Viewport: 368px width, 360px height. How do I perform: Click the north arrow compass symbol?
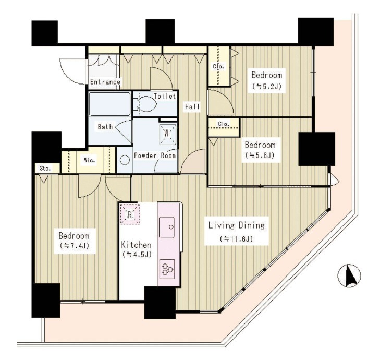tap(349, 275)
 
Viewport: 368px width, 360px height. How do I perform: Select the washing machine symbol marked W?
tap(168, 135)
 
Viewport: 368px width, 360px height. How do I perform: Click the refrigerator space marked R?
tap(130, 214)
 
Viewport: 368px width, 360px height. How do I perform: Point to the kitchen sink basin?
tap(167, 227)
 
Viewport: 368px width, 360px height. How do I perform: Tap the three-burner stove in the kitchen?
tap(167, 269)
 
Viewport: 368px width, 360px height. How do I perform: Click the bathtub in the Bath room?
tap(109, 104)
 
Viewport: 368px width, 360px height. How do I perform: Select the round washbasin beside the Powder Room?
tap(125, 160)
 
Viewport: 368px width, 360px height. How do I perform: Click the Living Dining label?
tap(237, 226)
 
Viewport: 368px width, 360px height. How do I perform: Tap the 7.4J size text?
tap(75, 246)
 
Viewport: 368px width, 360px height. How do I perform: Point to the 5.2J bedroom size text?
tap(266, 86)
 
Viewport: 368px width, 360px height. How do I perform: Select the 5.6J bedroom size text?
tap(260, 155)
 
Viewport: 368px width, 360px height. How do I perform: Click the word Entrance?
tap(105, 82)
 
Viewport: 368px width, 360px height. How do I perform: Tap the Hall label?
tap(192, 106)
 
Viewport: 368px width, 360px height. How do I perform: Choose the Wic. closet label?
tap(90, 161)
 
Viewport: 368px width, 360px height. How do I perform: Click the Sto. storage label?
tap(45, 169)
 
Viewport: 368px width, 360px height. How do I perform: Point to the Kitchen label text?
tap(136, 245)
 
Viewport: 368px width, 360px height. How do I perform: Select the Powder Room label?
tap(155, 155)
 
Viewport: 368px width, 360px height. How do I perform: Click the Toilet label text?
tap(165, 96)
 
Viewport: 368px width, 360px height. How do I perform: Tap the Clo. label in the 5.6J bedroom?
tap(224, 124)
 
